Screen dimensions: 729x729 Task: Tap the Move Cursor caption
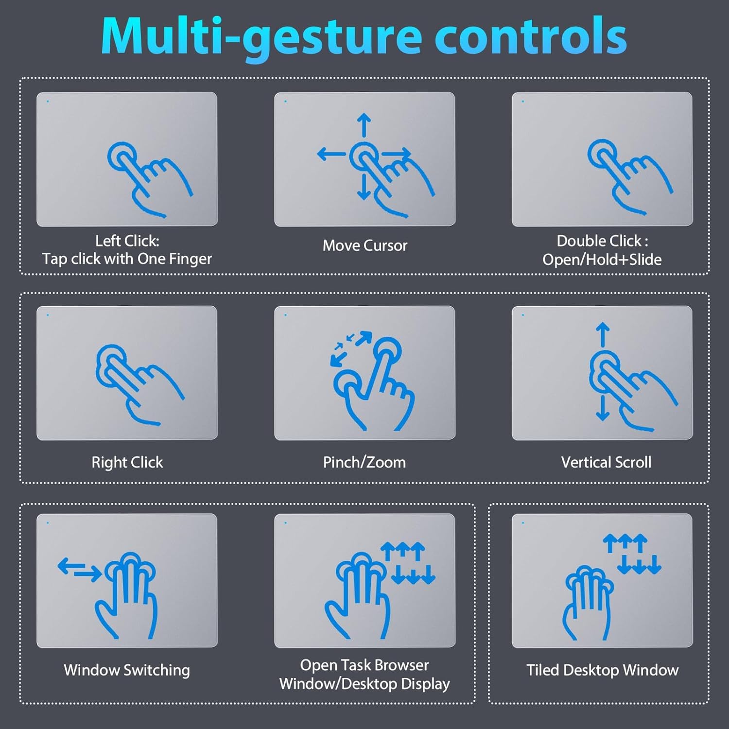click(365, 245)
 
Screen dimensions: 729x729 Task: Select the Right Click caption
click(127, 462)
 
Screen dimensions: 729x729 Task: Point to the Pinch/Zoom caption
click(364, 462)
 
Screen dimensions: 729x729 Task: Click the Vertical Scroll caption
click(606, 462)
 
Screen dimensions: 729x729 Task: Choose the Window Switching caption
click(127, 670)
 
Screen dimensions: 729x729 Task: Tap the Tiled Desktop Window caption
click(602, 670)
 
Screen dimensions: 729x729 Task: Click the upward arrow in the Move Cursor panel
click(364, 125)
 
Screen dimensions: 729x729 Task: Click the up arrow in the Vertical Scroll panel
click(603, 335)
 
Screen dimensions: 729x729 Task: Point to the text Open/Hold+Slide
click(602, 260)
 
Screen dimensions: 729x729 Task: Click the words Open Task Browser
click(364, 665)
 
